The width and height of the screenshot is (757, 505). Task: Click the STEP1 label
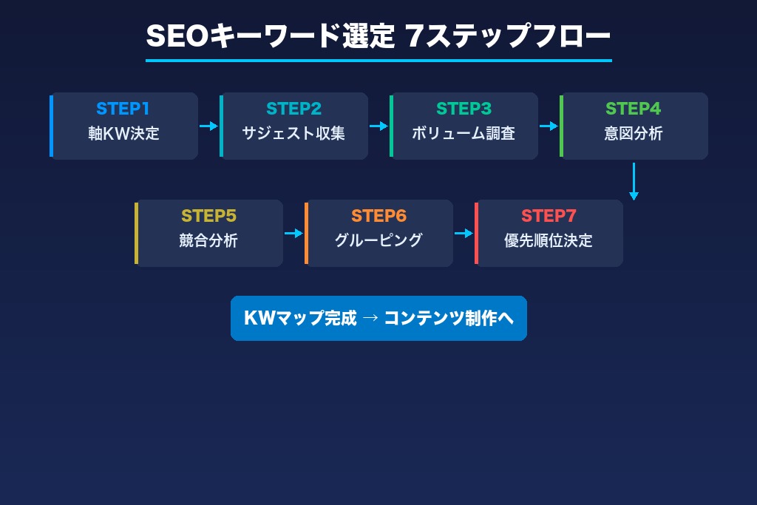123,109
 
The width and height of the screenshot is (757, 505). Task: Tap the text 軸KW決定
123,134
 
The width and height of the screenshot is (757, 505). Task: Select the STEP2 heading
293,109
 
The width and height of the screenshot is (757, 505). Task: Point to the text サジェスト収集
293,134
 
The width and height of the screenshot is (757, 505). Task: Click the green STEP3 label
464,109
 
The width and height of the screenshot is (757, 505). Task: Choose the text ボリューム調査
464,134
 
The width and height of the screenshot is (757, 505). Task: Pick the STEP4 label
633,109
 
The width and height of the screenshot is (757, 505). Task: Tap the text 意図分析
633,134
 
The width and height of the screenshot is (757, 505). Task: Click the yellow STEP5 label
208,216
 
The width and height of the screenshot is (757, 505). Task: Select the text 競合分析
208,241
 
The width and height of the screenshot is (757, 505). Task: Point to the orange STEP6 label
378,216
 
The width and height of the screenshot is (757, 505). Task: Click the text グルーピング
378,241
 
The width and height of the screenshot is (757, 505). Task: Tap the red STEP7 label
549,216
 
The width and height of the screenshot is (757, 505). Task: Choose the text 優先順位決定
549,241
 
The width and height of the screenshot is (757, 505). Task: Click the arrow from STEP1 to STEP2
209,126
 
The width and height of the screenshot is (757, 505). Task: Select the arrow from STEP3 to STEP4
549,126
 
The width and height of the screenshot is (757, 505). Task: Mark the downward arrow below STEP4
634,181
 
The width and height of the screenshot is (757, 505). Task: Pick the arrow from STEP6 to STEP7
464,233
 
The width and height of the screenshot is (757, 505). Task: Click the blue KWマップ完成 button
378,319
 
